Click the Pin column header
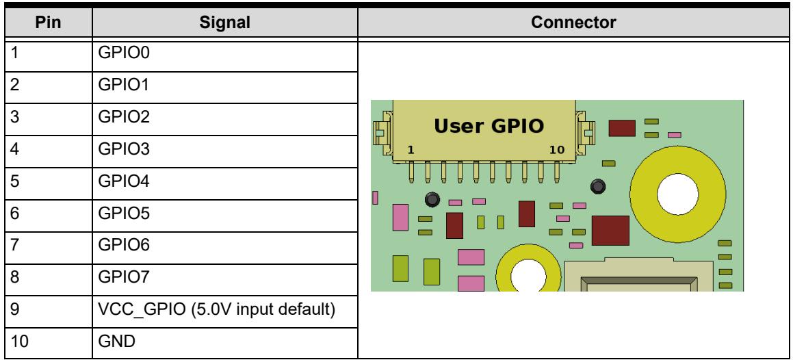pos(48,23)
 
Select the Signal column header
pos(224,23)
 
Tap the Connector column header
pos(573,23)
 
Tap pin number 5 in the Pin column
pos(14,181)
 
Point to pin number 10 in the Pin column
pos(19,342)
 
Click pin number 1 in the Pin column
pos(14,53)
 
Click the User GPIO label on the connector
pos(489,126)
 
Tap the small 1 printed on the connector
pos(411,150)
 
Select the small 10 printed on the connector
pos(556,150)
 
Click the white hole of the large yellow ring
pos(677,194)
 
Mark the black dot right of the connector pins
pos(597,186)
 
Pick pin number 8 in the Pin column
pos(14,277)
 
